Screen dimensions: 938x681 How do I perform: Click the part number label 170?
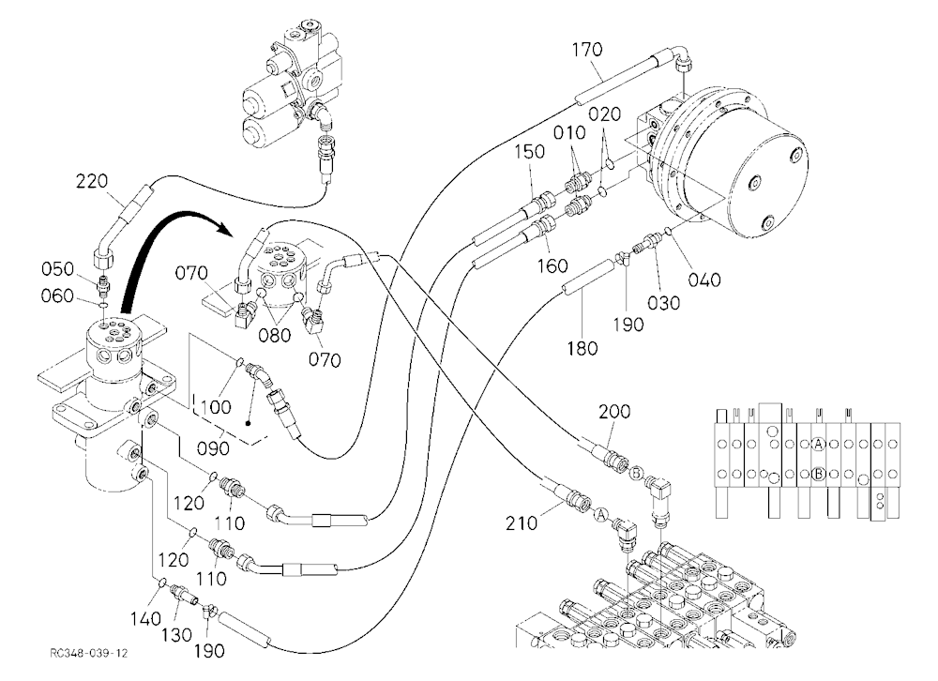tap(587, 50)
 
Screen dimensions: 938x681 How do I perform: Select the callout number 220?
tap(92, 181)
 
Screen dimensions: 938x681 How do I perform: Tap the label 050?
tap(57, 269)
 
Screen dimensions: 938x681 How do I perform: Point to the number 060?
tap(57, 295)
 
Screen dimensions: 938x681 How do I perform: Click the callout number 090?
tap(214, 447)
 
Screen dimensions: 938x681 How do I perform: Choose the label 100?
tap(216, 407)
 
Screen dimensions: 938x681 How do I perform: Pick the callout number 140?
tap(146, 618)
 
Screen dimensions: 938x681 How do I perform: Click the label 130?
tap(176, 635)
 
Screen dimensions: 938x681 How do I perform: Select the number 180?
tap(582, 348)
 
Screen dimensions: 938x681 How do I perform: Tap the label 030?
tap(664, 303)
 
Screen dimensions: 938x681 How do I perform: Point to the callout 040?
tap(704, 280)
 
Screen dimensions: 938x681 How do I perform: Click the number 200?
tap(614, 412)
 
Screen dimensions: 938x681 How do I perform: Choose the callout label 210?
tap(521, 523)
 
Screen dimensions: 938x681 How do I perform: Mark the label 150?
tap(529, 151)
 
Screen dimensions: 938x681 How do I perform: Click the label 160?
tap(552, 265)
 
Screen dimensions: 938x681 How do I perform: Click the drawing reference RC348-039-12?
tap(89, 653)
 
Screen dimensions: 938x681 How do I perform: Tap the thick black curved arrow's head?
tap(224, 227)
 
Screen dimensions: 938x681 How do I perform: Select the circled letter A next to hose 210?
tap(600, 513)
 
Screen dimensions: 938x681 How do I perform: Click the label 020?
tap(604, 113)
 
